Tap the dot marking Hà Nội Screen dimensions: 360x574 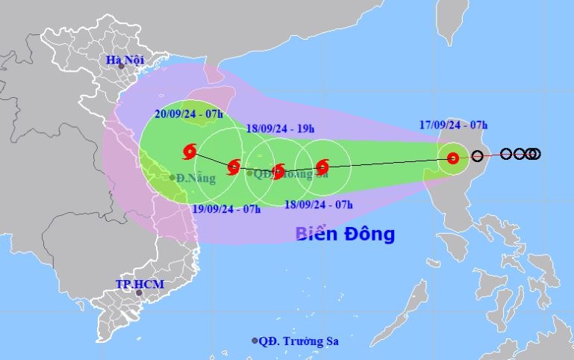click(x=121, y=66)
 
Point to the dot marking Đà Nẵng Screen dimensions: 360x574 click(x=172, y=178)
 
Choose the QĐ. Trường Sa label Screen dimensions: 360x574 click(x=299, y=341)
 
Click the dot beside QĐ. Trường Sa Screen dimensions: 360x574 click(x=255, y=341)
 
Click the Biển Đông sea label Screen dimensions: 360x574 click(x=344, y=234)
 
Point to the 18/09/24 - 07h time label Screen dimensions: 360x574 click(x=320, y=203)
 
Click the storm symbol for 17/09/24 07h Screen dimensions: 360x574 click(x=452, y=158)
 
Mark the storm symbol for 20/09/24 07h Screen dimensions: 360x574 click(x=189, y=152)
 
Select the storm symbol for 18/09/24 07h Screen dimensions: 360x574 click(x=322, y=167)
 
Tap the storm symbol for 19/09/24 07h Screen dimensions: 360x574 click(x=233, y=165)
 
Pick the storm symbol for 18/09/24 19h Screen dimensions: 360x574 click(x=278, y=171)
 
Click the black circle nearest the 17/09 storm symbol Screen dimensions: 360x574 click(x=478, y=156)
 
